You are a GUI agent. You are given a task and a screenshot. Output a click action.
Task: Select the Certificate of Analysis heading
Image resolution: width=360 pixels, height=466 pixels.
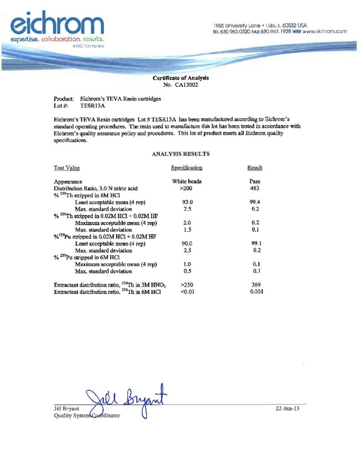[181, 78]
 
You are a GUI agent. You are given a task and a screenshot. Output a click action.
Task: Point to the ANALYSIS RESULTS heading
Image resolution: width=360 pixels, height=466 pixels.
[180, 154]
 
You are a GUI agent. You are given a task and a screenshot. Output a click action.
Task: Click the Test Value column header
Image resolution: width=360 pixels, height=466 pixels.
[67, 168]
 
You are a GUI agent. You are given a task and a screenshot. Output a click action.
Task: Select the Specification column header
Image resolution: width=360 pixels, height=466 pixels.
[187, 168]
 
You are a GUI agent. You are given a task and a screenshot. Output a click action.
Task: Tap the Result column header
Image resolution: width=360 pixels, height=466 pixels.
[255, 168]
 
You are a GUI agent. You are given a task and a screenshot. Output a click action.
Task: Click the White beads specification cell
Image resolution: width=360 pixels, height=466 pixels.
[187, 182]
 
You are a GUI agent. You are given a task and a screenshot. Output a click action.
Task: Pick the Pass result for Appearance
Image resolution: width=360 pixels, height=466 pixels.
[255, 182]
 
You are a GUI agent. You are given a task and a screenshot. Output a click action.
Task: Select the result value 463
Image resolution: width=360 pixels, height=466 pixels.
[255, 188]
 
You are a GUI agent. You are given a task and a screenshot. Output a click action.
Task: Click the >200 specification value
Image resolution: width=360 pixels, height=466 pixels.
[187, 188]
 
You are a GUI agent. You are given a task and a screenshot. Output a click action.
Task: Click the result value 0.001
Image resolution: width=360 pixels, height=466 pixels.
[257, 292]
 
